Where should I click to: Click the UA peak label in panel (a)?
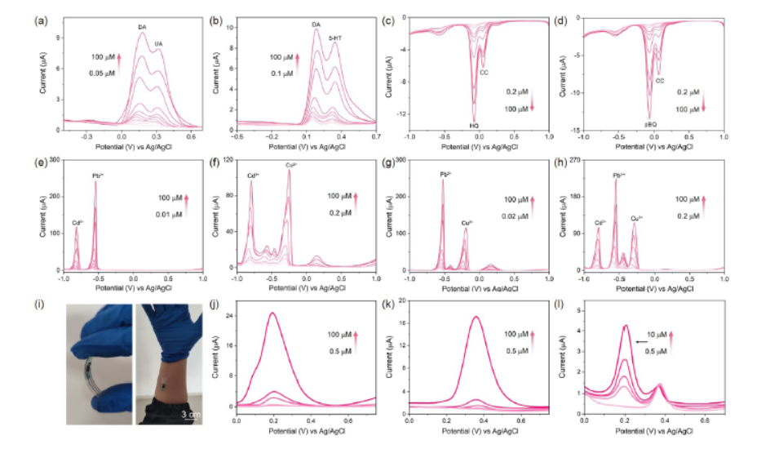158,43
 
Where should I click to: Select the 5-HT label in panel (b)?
335,38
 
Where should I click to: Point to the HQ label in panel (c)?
474,126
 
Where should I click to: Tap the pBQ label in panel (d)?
651,124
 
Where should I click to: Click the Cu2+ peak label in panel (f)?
290,166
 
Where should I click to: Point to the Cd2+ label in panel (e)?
77,222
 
